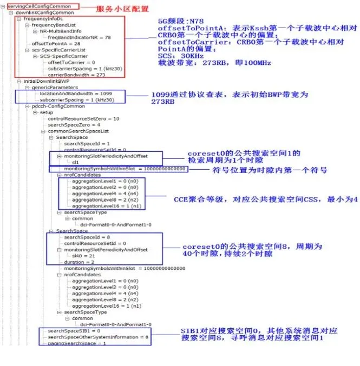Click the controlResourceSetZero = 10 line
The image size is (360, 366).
point(83,118)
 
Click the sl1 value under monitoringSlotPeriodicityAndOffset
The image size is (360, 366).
point(76,162)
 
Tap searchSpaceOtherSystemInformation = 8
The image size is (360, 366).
point(98,337)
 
